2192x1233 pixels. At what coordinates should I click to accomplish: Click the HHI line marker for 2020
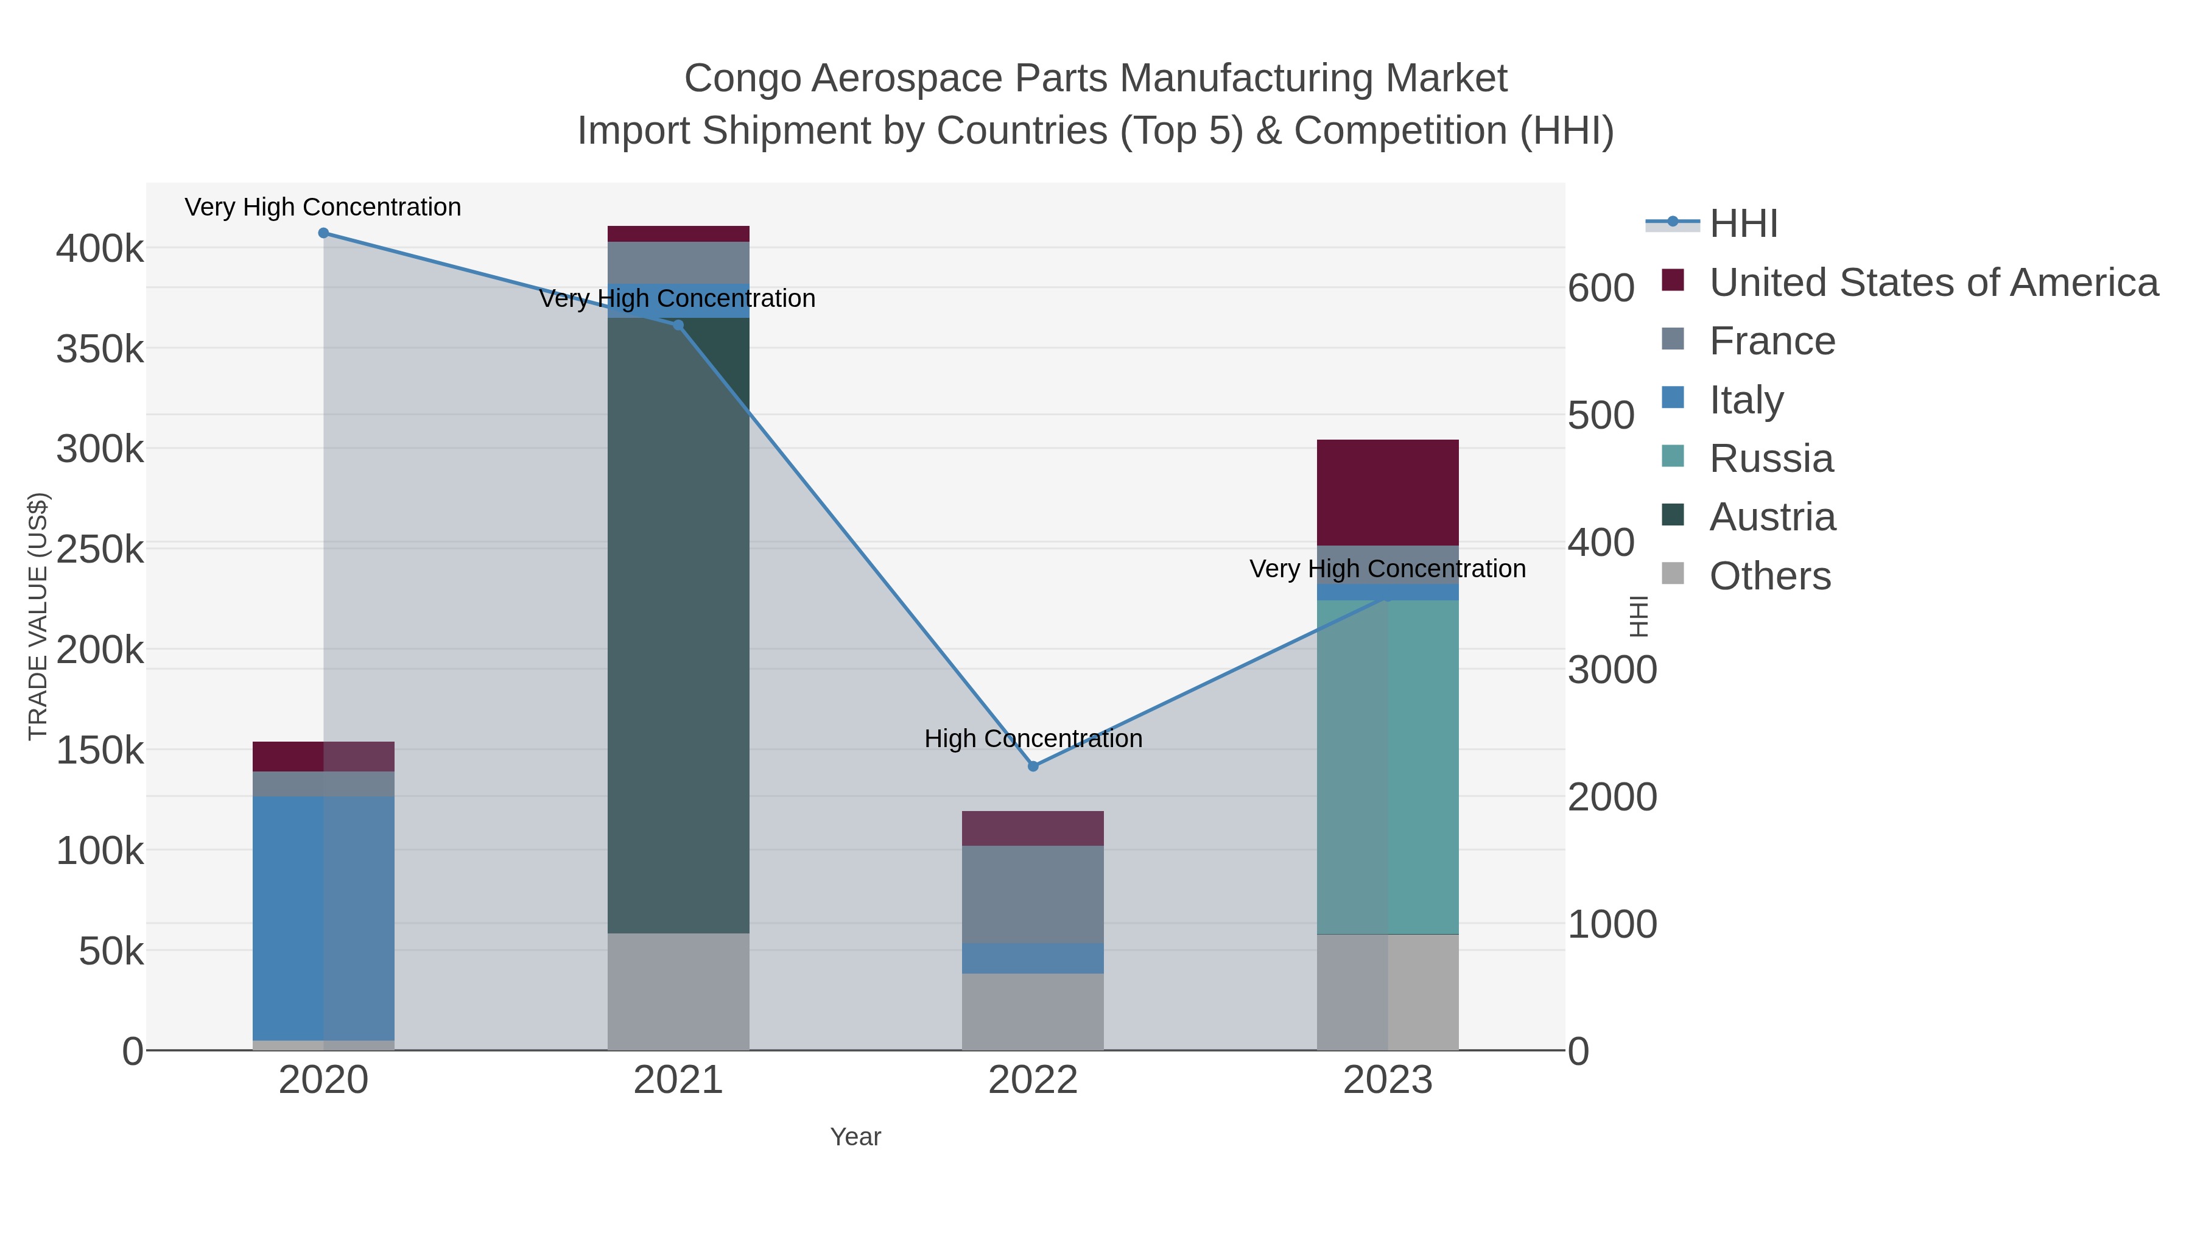pyautogui.click(x=323, y=233)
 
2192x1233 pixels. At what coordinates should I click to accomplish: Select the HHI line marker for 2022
pyautogui.click(x=1033, y=766)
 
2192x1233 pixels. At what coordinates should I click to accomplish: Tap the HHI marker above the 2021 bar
pyautogui.click(x=678, y=325)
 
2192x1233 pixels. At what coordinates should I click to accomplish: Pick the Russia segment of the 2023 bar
pyautogui.click(x=1388, y=766)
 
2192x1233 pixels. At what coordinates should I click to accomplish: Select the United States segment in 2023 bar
pyautogui.click(x=1388, y=492)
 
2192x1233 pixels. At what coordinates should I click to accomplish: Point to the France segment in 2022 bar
pyautogui.click(x=1033, y=893)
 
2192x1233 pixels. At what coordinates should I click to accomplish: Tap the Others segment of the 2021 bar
pyautogui.click(x=678, y=991)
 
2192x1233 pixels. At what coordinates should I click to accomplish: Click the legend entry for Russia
pyautogui.click(x=1771, y=458)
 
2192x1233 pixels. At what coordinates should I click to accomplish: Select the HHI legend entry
pyautogui.click(x=1743, y=224)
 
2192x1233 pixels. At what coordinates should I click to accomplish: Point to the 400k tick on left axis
pyautogui.click(x=100, y=249)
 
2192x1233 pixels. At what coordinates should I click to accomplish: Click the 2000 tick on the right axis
pyautogui.click(x=1612, y=797)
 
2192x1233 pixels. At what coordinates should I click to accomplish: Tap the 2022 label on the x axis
pyautogui.click(x=1033, y=1081)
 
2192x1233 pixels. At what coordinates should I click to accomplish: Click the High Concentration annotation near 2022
pyautogui.click(x=1033, y=739)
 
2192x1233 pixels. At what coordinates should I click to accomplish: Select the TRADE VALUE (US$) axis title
pyautogui.click(x=38, y=616)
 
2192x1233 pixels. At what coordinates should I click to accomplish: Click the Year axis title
pyautogui.click(x=855, y=1137)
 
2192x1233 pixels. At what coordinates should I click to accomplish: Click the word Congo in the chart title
pyautogui.click(x=742, y=79)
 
